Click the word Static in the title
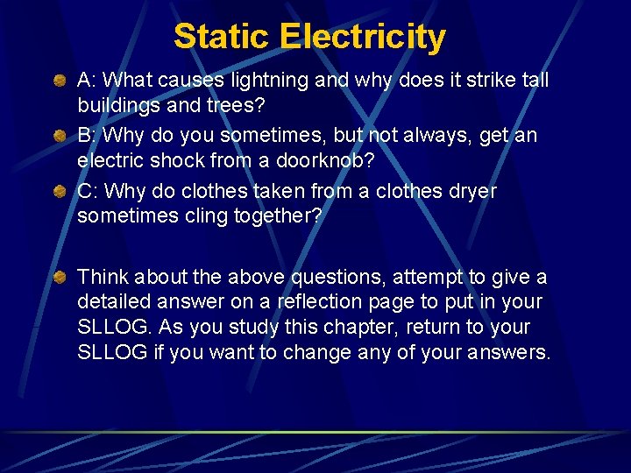[222, 37]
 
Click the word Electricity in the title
[363, 37]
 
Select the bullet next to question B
[58, 137]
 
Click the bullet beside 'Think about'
[58, 278]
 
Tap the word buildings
[115, 105]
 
